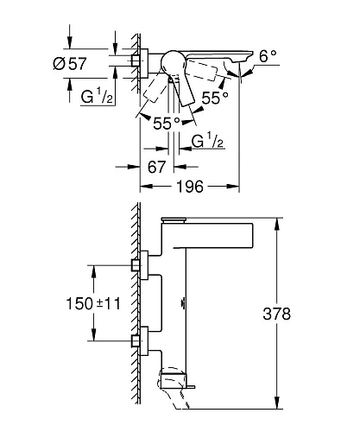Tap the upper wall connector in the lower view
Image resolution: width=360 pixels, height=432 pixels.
pyautogui.click(x=136, y=265)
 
